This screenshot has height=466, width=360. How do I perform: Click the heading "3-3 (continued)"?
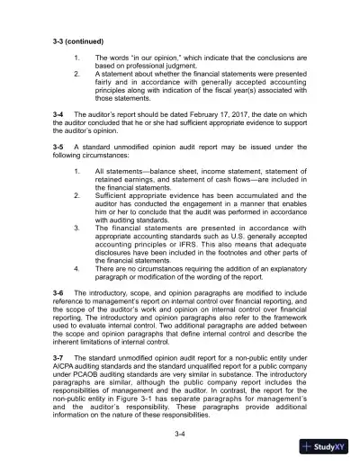79,41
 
